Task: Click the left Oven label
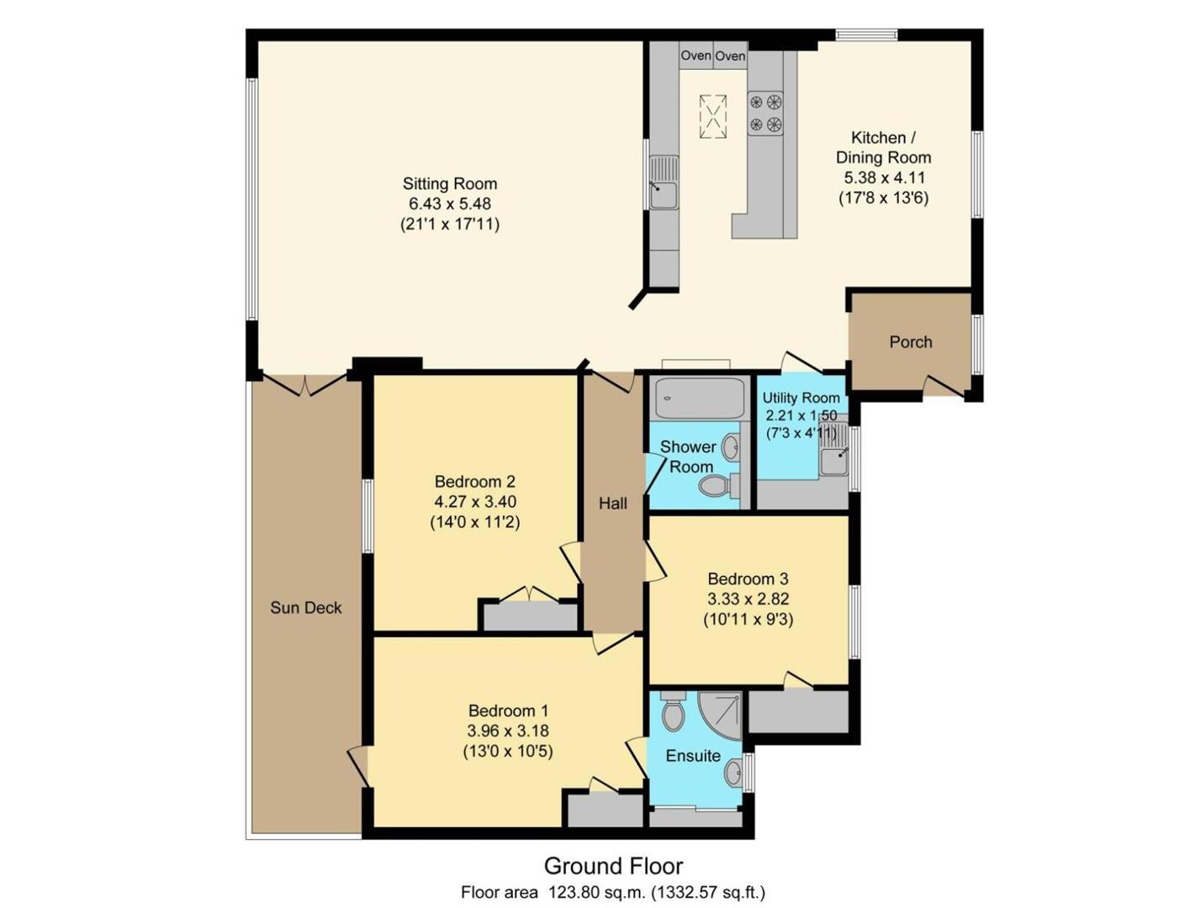point(695,55)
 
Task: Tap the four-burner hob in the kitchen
point(765,113)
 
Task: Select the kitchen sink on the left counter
point(664,182)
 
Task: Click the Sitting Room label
point(449,183)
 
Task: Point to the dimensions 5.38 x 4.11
point(883,177)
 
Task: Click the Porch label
point(910,342)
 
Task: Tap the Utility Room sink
point(833,449)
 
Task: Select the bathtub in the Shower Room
point(692,399)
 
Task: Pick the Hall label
point(612,504)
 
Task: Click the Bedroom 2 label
point(474,481)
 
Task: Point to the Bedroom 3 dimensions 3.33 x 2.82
point(748,599)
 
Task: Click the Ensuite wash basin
point(733,772)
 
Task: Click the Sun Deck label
point(306,607)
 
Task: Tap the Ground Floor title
point(613,866)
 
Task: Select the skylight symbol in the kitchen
point(712,117)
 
